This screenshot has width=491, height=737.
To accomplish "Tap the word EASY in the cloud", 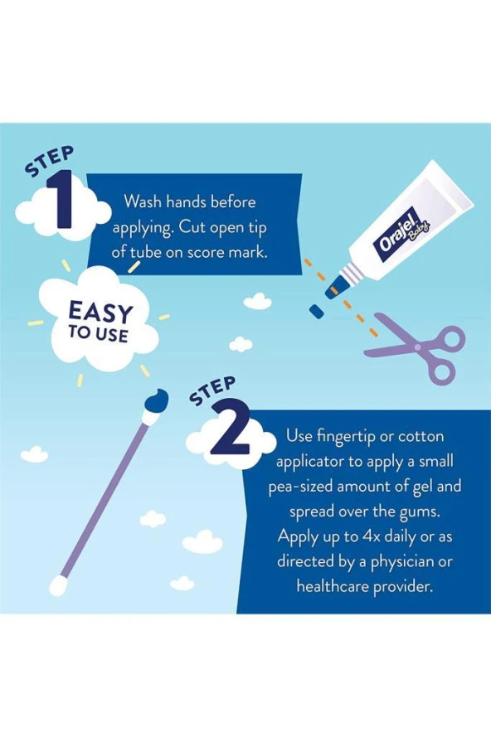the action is (100, 312).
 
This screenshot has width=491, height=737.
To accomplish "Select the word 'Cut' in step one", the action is (192, 227).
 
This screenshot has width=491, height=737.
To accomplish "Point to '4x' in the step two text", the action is (371, 536).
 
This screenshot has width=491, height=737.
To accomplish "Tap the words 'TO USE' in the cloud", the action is (98, 334).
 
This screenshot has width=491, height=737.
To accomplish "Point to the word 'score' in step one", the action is (207, 252).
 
